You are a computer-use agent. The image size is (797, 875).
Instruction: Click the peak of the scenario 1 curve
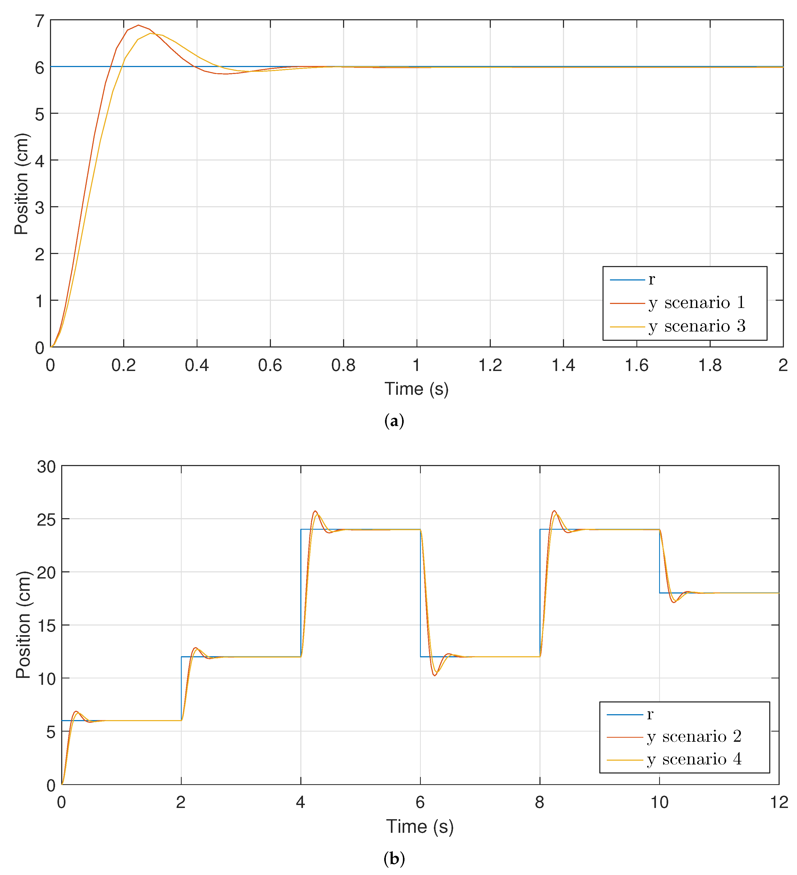click(138, 25)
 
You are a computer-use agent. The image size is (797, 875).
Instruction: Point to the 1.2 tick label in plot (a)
click(490, 365)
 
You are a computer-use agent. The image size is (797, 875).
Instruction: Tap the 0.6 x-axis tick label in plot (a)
click(270, 365)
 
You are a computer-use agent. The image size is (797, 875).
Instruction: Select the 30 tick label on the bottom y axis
click(46, 467)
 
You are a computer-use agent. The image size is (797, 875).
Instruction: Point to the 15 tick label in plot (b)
click(46, 626)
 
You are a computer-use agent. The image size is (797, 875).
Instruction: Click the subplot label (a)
click(394, 421)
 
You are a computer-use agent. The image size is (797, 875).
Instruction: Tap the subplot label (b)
click(394, 858)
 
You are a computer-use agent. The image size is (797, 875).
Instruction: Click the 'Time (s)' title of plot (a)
click(416, 389)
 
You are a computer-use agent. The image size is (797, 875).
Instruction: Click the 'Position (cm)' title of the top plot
click(22, 184)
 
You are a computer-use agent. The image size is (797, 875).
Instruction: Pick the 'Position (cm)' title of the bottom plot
click(24, 625)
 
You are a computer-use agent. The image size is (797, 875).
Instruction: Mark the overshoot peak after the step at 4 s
click(316, 511)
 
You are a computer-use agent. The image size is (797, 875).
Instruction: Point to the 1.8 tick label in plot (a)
click(710, 365)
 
